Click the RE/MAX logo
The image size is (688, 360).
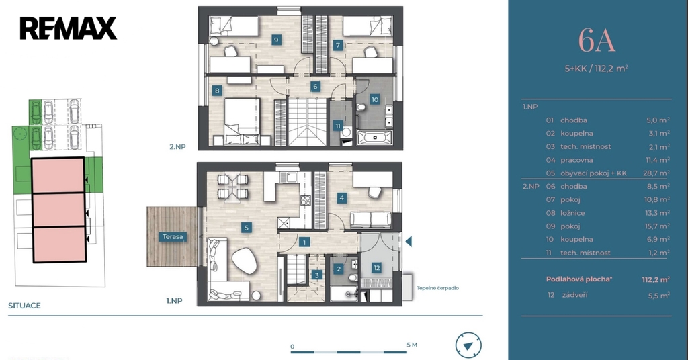tap(68, 28)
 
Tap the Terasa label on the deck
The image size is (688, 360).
tap(173, 237)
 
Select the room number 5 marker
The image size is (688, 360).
tap(247, 227)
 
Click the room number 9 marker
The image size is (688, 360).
tap(276, 40)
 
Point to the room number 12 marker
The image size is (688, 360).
tap(376, 268)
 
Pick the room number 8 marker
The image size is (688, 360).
tap(217, 91)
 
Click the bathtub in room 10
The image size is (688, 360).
tap(375, 137)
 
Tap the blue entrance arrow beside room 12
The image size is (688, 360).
tap(408, 241)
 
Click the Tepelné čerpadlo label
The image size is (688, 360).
tap(437, 288)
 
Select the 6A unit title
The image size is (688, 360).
tap(597, 40)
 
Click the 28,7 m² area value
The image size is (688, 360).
tap(656, 173)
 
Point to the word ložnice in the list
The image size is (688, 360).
tap(572, 213)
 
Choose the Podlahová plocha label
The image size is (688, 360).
tap(578, 279)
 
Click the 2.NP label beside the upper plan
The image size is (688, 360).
tap(177, 147)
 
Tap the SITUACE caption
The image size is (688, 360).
tap(24, 305)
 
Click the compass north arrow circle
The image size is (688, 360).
tap(468, 345)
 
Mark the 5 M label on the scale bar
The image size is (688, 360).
tap(412, 345)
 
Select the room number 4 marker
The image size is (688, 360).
tap(342, 197)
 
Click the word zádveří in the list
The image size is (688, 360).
tap(574, 295)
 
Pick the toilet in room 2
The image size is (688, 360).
tap(352, 277)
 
